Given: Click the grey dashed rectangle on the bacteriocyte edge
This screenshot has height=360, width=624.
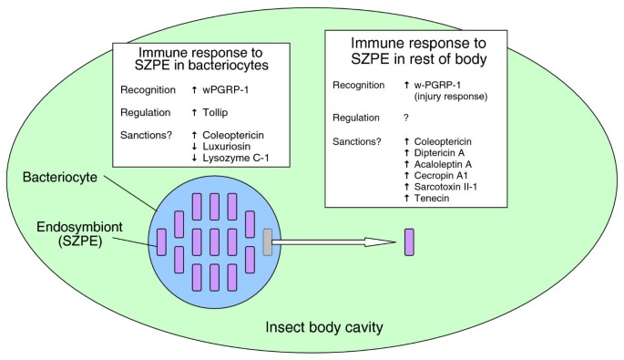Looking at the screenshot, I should pos(267,242).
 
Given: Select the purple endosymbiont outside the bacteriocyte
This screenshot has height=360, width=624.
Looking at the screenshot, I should pos(409,242).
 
